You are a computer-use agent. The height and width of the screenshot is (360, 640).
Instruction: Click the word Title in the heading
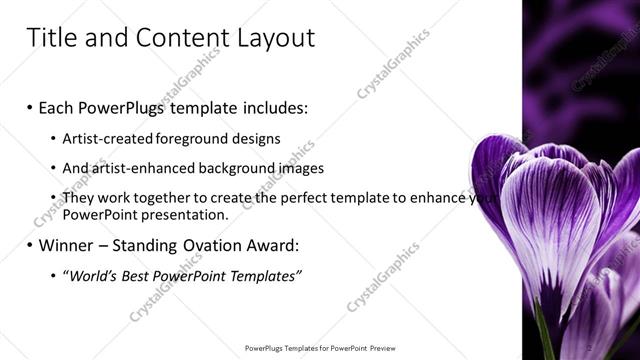51,38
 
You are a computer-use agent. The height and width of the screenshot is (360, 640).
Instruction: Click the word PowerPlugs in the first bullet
118,107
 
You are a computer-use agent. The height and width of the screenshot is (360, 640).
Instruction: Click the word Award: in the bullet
272,245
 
